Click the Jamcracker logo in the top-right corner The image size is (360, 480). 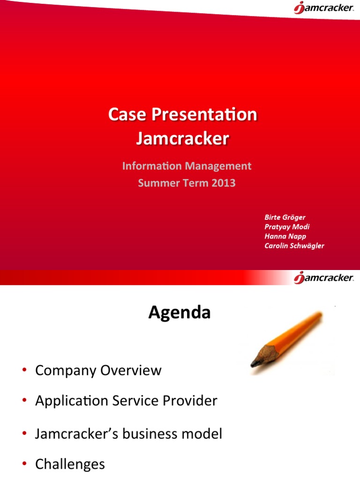pyautogui.click(x=323, y=8)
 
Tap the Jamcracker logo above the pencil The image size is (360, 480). pyautogui.click(x=323, y=278)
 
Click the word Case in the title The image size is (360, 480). pyautogui.click(x=124, y=115)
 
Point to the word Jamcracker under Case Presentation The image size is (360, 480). pyautogui.click(x=182, y=138)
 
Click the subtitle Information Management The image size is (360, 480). pyautogui.click(x=187, y=166)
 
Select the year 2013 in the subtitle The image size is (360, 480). pyautogui.click(x=223, y=183)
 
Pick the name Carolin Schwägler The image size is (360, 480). pyautogui.click(x=294, y=246)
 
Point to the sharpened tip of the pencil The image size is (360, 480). pyautogui.click(x=254, y=363)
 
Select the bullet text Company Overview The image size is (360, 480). pyautogui.click(x=98, y=370)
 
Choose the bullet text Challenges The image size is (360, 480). pyautogui.click(x=70, y=464)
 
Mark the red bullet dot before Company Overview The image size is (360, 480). pyautogui.click(x=23, y=371)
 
